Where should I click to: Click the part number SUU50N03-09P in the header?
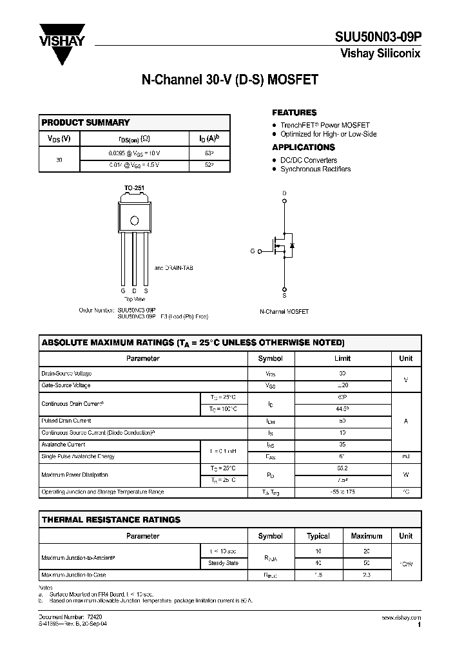[x=379, y=39]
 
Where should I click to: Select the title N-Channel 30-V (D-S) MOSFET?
[x=229, y=82]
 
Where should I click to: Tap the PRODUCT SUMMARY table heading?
[x=86, y=122]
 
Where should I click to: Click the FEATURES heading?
[x=294, y=113]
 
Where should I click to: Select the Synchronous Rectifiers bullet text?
[x=315, y=169]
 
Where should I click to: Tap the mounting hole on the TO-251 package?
[x=134, y=220]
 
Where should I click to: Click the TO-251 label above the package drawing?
[x=134, y=188]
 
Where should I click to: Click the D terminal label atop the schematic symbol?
[x=284, y=193]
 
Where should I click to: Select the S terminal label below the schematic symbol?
[x=284, y=295]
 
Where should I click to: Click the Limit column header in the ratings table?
[x=342, y=358]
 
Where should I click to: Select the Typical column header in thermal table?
[x=318, y=536]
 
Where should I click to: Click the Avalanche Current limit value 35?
[x=342, y=445]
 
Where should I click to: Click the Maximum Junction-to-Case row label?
[x=73, y=575]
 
